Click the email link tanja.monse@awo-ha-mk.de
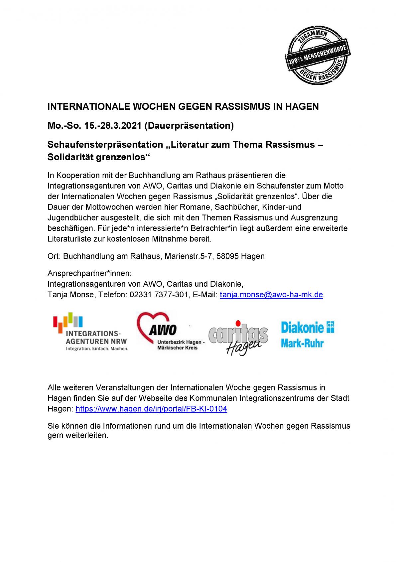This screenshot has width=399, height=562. click(x=271, y=295)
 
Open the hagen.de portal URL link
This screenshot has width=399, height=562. click(x=151, y=409)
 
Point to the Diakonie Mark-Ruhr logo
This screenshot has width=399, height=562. click(x=308, y=334)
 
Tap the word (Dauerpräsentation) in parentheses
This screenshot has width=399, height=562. click(x=189, y=126)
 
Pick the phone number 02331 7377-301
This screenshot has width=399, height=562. click(x=157, y=295)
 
